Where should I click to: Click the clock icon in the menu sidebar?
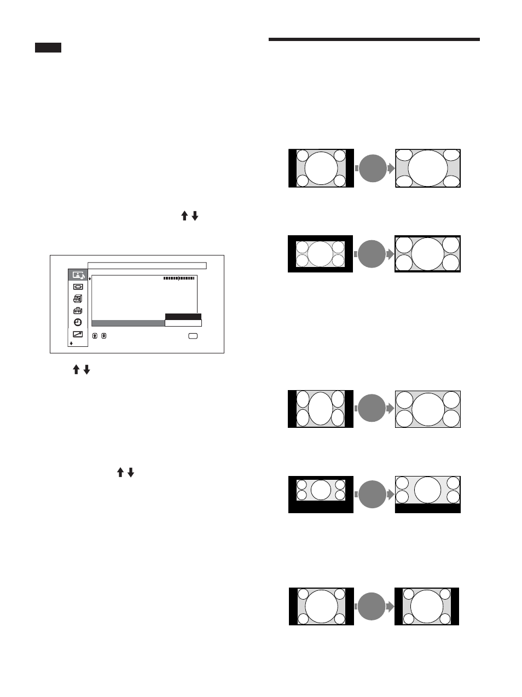click(78, 322)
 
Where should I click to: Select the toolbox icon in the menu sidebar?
click(78, 310)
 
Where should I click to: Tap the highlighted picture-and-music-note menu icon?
click(78, 275)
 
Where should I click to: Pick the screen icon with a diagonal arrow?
click(78, 334)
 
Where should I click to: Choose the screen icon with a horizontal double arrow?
click(78, 286)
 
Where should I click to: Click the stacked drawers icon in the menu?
click(78, 298)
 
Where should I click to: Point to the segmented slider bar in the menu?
click(179, 278)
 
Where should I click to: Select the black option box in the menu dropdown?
click(183, 317)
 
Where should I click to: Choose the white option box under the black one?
click(183, 323)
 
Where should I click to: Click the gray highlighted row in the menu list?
click(128, 323)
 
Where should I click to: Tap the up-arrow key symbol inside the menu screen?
click(95, 336)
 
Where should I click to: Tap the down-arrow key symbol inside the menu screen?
click(103, 336)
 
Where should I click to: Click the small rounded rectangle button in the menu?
click(193, 336)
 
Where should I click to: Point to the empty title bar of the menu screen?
click(147, 265)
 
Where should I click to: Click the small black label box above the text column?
click(48, 48)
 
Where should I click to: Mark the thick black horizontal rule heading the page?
click(375, 39)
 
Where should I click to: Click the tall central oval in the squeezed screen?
click(321, 409)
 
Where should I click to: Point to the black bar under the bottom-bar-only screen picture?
click(428, 508)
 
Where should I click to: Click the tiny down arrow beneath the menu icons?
click(71, 344)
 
